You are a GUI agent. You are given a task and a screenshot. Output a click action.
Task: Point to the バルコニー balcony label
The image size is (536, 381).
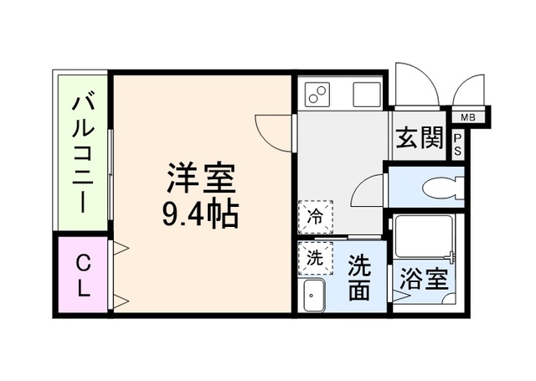coord(84,152)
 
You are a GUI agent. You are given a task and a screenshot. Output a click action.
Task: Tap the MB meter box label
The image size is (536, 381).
coord(466,117)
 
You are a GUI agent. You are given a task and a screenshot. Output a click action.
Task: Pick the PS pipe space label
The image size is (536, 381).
coord(459,145)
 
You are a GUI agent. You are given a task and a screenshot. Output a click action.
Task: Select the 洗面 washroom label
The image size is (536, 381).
coord(359,277)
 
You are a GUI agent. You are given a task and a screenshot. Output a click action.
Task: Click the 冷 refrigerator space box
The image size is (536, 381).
coord(315,216)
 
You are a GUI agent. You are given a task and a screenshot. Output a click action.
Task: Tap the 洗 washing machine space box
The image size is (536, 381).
coord(313,258)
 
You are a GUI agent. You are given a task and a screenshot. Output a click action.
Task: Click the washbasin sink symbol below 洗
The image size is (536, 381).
coord(313,295)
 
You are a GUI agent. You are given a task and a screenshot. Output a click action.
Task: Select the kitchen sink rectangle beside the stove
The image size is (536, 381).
coord(366,95)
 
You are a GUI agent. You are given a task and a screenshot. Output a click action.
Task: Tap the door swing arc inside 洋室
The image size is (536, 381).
coord(272,130)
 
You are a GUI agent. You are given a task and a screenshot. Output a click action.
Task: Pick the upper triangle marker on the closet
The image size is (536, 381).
coord(120,248)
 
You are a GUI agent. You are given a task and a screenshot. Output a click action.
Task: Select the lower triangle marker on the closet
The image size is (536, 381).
coord(120,301)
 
